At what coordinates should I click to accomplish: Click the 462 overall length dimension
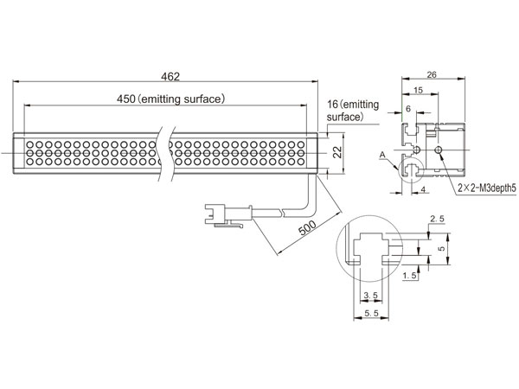click(x=170, y=77)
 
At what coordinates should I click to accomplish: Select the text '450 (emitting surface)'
click(x=170, y=99)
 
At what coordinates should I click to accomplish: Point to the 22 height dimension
click(x=337, y=152)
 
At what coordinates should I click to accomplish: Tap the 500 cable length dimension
click(x=307, y=227)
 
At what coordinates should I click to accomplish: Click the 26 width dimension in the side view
click(x=432, y=74)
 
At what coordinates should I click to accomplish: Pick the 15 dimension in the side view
click(x=418, y=90)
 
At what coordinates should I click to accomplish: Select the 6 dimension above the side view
click(x=407, y=109)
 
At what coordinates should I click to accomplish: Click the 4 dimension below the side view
click(x=423, y=189)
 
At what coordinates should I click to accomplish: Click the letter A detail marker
click(x=382, y=155)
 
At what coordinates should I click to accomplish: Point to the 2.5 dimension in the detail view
click(x=437, y=219)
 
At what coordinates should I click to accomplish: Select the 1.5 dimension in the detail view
click(x=410, y=275)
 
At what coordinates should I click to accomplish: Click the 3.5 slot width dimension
click(x=370, y=296)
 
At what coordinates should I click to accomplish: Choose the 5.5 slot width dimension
click(x=371, y=313)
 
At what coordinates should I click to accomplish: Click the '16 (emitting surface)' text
click(x=353, y=111)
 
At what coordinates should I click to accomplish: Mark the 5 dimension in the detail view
click(x=442, y=248)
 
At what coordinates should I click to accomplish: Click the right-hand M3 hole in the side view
click(x=439, y=150)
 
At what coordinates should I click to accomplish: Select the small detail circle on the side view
click(x=400, y=170)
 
